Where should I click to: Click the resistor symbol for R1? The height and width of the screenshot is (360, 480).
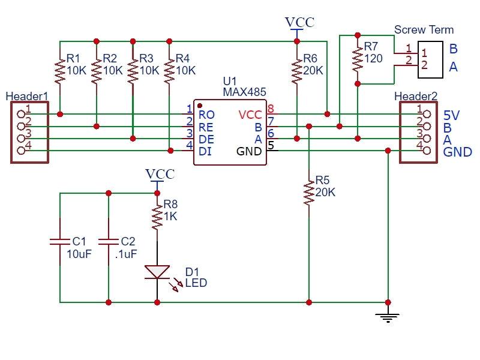(x=60, y=70)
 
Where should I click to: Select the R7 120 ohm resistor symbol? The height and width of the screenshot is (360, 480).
(x=358, y=58)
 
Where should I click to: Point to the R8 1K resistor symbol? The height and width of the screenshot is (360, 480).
(x=157, y=217)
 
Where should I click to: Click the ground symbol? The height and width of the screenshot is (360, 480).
(x=388, y=316)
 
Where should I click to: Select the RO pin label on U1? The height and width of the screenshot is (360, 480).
(x=206, y=114)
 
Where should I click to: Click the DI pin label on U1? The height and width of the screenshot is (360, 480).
(x=205, y=151)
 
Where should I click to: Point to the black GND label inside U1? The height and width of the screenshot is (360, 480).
(x=249, y=151)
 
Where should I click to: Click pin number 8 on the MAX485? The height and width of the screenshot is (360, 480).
(x=271, y=109)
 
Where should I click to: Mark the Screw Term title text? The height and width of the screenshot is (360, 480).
(x=424, y=29)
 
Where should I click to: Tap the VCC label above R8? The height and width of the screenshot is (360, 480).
(x=160, y=175)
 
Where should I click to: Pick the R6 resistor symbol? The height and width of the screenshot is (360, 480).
(x=296, y=70)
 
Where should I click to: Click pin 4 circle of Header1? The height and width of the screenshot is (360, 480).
(x=22, y=150)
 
